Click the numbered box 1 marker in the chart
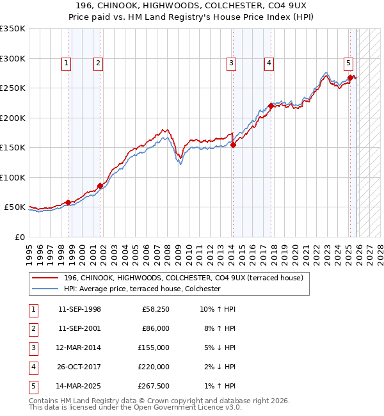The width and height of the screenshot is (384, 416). pos(67,63)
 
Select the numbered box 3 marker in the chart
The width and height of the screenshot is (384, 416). pos(231,63)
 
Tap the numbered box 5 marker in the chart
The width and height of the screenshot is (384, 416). pos(348,63)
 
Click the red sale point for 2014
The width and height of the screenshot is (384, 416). pos(233,145)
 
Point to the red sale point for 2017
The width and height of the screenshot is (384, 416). pos(271,106)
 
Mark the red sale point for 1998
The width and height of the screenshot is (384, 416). pos(68,202)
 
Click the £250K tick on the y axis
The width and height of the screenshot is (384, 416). pos(13,88)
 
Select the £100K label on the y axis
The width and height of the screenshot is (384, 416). pos(13,177)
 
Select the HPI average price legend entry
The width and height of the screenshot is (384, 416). pos(141,289)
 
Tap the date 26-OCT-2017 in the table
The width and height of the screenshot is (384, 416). pos(79,367)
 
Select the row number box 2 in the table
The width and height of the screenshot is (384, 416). pos(32,328)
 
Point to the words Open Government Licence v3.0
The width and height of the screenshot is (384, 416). pos(179,407)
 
